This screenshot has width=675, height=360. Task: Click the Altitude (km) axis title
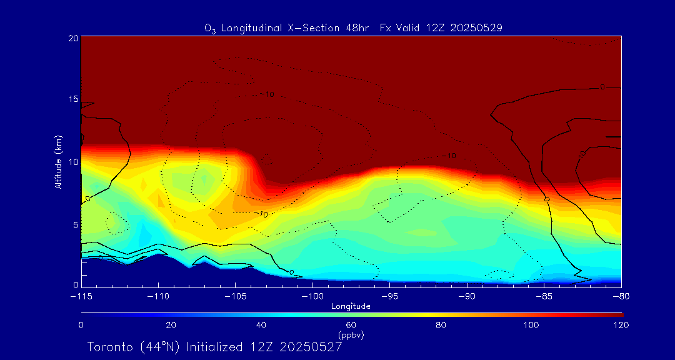[58, 161]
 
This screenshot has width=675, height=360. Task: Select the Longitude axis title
[351, 306]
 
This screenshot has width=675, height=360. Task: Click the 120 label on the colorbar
[621, 325]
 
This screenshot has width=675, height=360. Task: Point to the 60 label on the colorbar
[351, 325]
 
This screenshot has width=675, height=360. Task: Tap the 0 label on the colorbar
[81, 325]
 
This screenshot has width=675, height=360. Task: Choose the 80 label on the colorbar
[441, 325]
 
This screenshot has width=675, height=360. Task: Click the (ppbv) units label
[351, 335]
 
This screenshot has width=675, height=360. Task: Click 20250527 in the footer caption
[311, 347]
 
